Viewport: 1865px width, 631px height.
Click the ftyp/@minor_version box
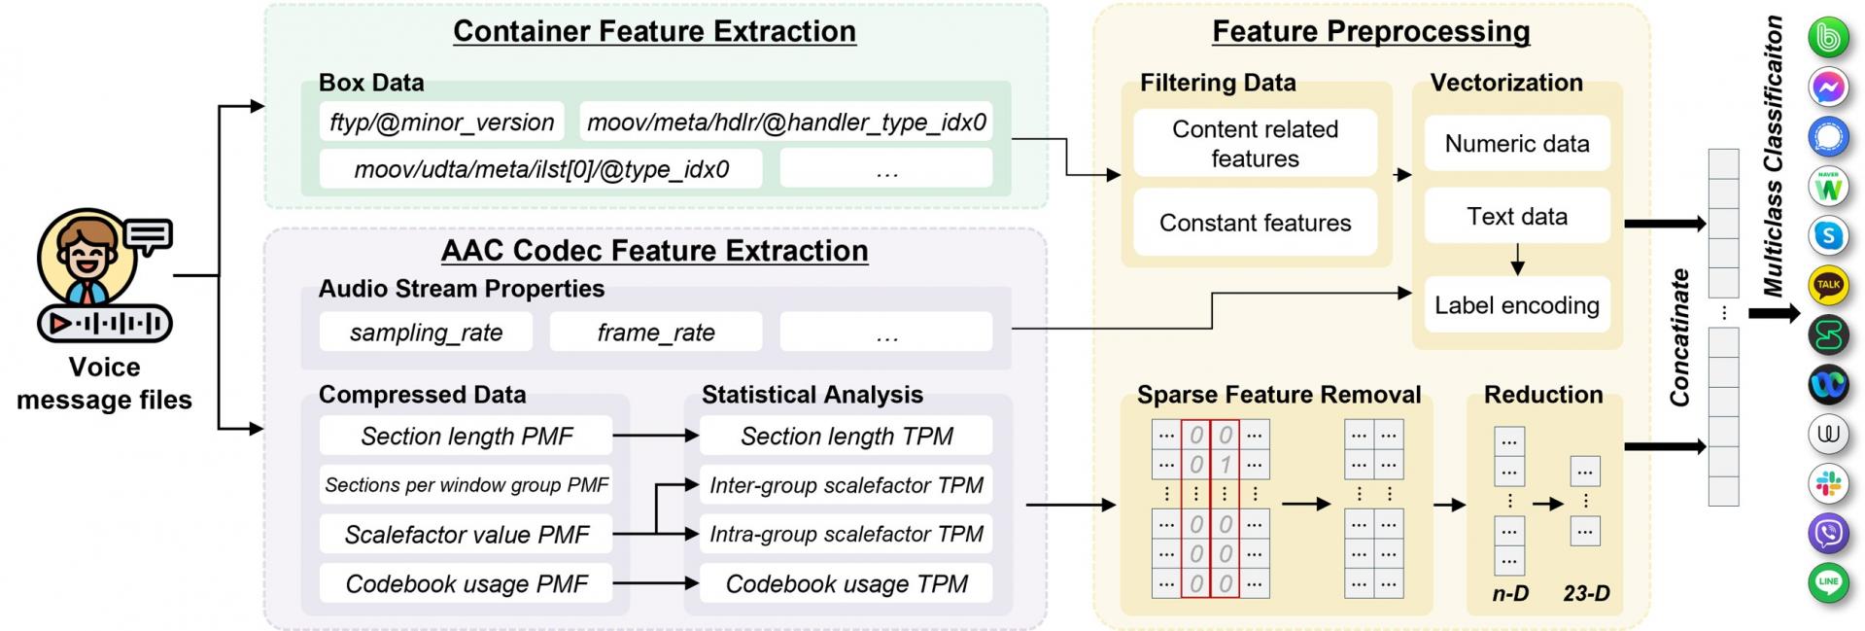click(441, 123)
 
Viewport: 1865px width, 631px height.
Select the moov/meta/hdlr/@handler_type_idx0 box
click(786, 123)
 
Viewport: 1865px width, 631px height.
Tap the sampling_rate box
click(426, 333)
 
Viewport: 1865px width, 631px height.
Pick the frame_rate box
click(656, 333)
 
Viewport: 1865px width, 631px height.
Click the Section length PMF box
click(466, 437)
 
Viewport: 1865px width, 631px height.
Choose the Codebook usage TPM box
click(846, 583)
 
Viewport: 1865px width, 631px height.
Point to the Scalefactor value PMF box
click(466, 535)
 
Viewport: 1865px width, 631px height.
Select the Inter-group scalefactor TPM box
click(846, 485)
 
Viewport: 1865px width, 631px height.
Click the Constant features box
click(1255, 223)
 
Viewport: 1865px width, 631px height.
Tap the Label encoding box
click(1516, 305)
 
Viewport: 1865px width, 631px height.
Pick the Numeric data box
click(1516, 144)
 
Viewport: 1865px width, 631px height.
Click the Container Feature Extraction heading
click(654, 31)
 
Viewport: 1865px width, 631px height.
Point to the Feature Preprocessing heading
click(1370, 31)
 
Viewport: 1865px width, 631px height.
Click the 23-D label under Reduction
click(1586, 593)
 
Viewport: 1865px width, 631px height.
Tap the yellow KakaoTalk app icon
click(1828, 285)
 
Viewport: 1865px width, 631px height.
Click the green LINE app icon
click(1828, 582)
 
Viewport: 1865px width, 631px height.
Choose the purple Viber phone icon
click(1828, 533)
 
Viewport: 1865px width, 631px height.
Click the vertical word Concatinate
click(1679, 337)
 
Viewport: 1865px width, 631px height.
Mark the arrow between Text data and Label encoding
click(1517, 260)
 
